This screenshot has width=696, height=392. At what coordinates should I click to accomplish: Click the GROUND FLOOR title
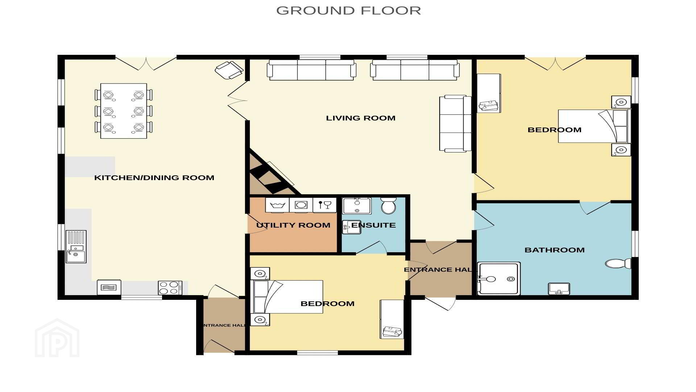click(x=348, y=10)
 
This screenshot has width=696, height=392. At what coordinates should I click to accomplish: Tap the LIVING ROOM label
click(x=361, y=118)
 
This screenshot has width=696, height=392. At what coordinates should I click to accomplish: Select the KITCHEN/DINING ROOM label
click(x=154, y=177)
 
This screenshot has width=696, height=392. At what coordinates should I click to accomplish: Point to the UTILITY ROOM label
click(x=293, y=225)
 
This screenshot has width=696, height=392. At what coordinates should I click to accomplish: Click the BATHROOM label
click(x=555, y=250)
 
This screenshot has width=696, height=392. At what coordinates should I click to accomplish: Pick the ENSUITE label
click(x=373, y=225)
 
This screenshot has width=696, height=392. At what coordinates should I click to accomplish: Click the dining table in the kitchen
click(x=124, y=111)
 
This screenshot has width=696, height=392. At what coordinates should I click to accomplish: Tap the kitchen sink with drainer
click(x=76, y=246)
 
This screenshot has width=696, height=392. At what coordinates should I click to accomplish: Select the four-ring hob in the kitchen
click(x=170, y=288)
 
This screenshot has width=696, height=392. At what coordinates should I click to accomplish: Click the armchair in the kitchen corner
click(x=229, y=70)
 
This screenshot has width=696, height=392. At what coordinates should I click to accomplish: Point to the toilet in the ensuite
click(x=389, y=206)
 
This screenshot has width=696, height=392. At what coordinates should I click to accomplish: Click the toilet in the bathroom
click(x=618, y=264)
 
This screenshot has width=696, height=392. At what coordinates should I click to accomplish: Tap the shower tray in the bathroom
click(x=499, y=279)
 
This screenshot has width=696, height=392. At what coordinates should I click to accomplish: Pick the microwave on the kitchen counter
click(x=109, y=288)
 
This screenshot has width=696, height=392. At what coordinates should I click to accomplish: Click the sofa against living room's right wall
click(x=455, y=123)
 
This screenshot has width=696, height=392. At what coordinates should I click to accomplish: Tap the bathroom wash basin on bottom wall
click(x=559, y=289)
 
